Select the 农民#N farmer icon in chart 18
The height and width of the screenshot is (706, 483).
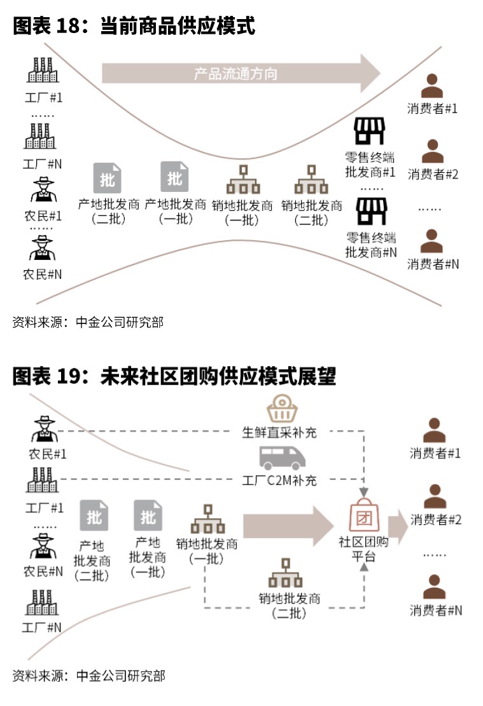coord(43,248)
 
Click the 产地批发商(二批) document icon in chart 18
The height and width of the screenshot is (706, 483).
coord(107,178)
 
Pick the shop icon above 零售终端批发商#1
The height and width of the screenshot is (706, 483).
coord(370,132)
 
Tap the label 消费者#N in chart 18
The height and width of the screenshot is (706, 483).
coord(433,264)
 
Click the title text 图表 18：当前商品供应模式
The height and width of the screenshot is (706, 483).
coord(134,26)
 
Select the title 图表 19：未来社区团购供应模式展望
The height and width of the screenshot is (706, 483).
coord(174,377)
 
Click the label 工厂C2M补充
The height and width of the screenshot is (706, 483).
coord(279,480)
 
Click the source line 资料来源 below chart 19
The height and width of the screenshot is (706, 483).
coord(88,675)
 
